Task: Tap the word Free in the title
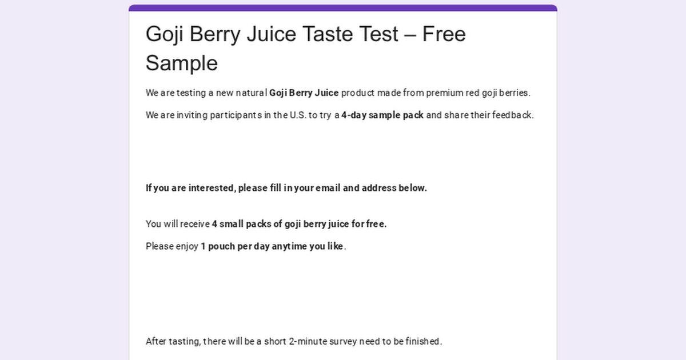click(444, 34)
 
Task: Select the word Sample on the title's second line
click(182, 63)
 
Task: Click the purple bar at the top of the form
click(343, 7)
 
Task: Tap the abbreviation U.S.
click(298, 115)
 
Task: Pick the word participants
click(236, 115)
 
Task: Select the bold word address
click(379, 188)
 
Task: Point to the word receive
click(195, 224)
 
